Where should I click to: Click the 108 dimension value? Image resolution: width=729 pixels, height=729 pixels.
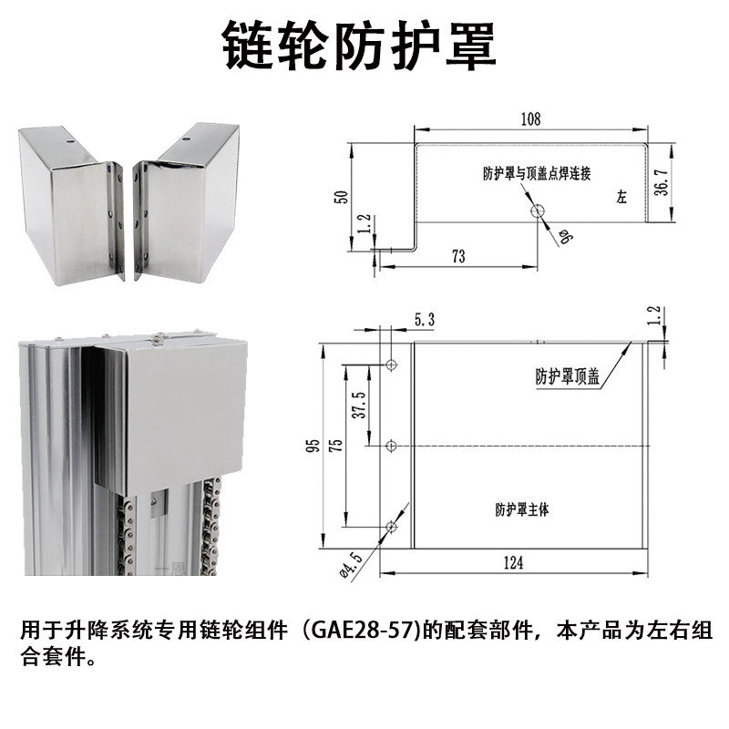tap(530, 119)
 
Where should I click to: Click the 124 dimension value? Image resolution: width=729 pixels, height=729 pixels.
tap(513, 564)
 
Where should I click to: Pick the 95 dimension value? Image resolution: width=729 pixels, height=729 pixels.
tap(312, 446)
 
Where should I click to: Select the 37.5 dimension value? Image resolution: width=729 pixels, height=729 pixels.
tap(358, 406)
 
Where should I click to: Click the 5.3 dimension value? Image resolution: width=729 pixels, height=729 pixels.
tap(424, 320)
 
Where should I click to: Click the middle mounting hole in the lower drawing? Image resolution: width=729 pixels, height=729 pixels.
tap(392, 446)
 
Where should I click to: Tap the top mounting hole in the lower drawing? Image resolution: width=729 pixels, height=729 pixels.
tap(392, 364)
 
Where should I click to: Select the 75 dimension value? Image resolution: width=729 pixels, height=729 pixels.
tap(336, 446)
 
